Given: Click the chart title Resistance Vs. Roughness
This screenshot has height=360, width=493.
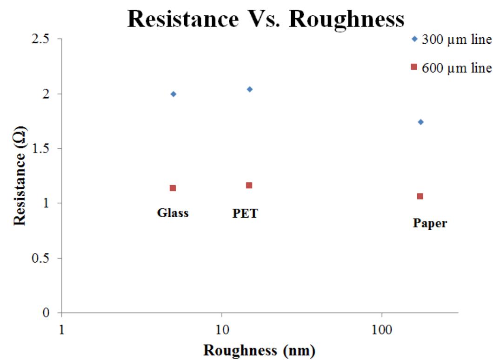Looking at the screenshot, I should (x=266, y=20).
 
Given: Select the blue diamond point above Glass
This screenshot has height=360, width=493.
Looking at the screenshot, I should (x=173, y=94).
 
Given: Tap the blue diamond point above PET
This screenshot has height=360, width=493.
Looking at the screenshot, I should (x=249, y=89).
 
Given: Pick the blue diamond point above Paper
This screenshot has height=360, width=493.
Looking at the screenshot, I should (x=420, y=122).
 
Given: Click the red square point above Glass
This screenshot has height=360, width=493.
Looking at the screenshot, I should (x=173, y=188).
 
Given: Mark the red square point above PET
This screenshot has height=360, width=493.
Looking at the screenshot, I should (x=249, y=186).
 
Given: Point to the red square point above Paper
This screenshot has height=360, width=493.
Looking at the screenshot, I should (x=420, y=196).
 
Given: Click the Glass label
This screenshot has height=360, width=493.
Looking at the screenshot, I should (x=173, y=213).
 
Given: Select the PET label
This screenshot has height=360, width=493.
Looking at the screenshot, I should (x=245, y=213).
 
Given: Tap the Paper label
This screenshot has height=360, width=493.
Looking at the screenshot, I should (x=430, y=223).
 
